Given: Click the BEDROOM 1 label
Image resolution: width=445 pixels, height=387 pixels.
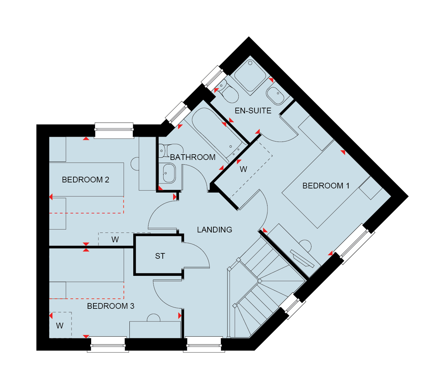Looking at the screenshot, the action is point(326,186).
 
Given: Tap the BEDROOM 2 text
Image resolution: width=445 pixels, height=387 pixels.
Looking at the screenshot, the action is point(85,180).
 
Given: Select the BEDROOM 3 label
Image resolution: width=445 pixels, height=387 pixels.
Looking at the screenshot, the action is point(110,306).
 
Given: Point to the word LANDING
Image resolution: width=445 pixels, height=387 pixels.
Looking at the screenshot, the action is point(215,230).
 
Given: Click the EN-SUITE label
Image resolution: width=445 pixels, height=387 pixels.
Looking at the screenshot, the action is point(253,111).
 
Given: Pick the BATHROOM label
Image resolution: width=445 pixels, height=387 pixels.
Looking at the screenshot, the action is point(193,157).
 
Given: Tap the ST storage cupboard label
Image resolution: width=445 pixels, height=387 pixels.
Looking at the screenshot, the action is point(160,256).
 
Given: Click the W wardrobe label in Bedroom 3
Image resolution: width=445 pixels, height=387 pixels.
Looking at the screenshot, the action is point(60,326).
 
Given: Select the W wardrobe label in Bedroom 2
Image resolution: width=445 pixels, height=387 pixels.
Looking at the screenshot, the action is point(115,240).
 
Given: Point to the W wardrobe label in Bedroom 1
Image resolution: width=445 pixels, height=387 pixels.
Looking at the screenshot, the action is point(243,169).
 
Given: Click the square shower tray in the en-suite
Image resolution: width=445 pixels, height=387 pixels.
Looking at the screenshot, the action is point(250,75).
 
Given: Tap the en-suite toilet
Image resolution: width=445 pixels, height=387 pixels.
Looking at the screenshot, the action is point(229,92).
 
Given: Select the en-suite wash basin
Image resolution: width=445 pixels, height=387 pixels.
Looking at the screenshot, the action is point(275,96).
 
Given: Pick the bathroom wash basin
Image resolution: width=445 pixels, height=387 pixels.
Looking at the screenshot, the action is point(167,173).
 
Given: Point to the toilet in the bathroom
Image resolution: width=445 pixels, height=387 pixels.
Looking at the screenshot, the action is point(171,150).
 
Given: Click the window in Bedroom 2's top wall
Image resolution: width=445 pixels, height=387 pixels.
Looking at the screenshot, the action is point(114,130).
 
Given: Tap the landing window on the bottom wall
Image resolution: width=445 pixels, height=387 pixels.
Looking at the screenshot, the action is point(204,344).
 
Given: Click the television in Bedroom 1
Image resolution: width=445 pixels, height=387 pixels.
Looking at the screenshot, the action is point(302,259).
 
